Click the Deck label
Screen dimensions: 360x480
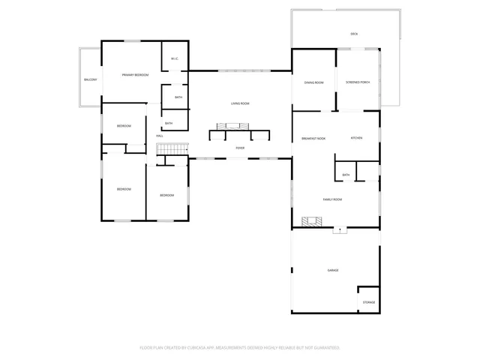(x=354, y=34)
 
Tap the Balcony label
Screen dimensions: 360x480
(x=90, y=79)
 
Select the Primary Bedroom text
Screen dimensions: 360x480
(x=136, y=75)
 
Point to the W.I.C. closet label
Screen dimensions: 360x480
(x=174, y=59)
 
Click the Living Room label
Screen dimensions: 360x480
(x=240, y=103)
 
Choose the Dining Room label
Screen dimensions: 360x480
(x=313, y=82)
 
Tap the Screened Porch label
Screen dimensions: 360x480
(x=357, y=82)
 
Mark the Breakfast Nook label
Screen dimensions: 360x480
(x=313, y=139)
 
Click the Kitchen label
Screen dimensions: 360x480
(x=357, y=139)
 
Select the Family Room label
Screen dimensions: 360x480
(x=332, y=199)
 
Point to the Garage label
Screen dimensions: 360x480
(x=332, y=270)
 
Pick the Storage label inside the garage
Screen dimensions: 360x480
(x=369, y=302)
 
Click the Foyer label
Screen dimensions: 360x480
(x=240, y=148)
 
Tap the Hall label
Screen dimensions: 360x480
(x=160, y=136)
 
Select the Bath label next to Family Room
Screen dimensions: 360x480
(x=346, y=175)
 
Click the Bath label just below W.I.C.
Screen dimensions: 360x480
(x=178, y=97)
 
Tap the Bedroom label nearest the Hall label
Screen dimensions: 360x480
(x=124, y=126)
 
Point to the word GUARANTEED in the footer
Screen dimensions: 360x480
(x=324, y=348)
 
